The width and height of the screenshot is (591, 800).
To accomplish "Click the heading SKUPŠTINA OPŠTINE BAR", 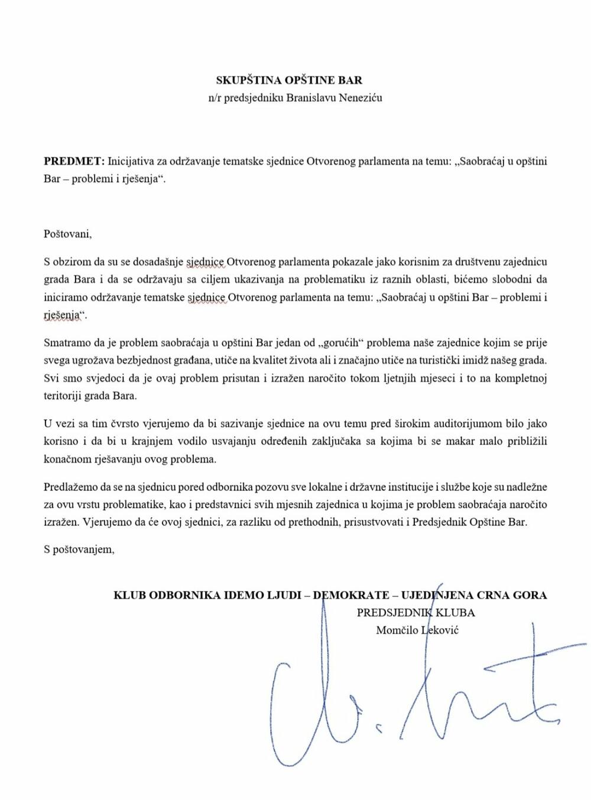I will tap(289, 80).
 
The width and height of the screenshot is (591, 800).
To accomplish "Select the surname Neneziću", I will tap(360, 97).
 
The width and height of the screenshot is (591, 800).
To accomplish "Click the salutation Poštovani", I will tap(68, 233).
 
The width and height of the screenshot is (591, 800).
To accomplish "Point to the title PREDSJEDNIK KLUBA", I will tap(415, 612).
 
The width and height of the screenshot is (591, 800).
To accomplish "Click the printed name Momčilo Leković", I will tap(417, 630).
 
